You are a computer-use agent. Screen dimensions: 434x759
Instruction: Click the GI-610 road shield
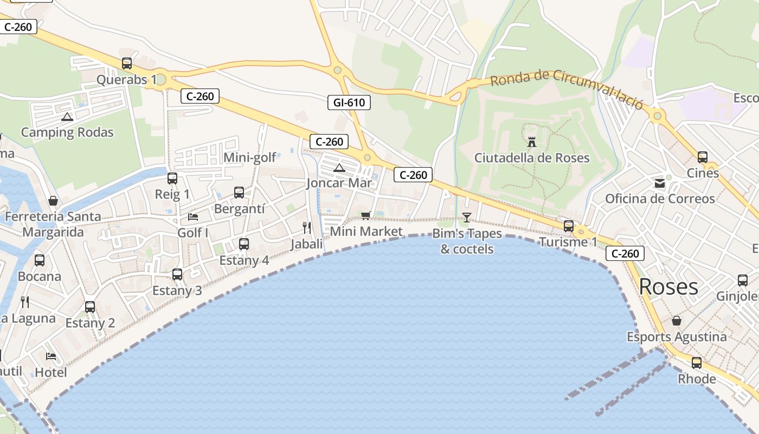[x=349, y=102]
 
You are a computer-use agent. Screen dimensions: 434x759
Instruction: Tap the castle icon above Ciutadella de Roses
[x=532, y=142]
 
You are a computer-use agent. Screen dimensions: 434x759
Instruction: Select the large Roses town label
[x=668, y=286]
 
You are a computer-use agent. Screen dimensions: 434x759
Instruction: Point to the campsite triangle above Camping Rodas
[x=67, y=117]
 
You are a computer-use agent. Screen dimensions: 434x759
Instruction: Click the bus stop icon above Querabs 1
[x=127, y=63]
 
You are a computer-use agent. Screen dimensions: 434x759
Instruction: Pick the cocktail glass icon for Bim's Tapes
[x=466, y=218]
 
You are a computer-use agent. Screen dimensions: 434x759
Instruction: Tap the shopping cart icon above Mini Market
[x=366, y=215]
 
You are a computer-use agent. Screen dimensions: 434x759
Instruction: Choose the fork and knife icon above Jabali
[x=307, y=227]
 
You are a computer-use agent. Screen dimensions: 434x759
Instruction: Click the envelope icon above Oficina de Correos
[x=660, y=183]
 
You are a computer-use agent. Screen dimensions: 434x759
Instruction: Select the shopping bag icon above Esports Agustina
[x=676, y=321]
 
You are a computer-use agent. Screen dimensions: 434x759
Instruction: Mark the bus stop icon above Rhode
[x=697, y=362]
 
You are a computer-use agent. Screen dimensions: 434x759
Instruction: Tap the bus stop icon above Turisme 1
[x=568, y=226]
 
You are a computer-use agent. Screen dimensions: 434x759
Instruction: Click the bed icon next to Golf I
[x=193, y=217]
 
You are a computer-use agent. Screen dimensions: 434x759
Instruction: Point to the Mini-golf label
[x=250, y=158]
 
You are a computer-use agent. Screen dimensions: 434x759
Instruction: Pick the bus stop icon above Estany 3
[x=177, y=275]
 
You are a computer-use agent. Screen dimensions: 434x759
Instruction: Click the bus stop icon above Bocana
[x=40, y=260]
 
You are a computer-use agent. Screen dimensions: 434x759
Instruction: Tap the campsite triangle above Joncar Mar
[x=339, y=168]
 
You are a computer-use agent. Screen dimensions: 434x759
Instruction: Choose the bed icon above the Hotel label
[x=51, y=356]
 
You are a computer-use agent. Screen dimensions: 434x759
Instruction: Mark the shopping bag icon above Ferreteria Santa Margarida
[x=53, y=201]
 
